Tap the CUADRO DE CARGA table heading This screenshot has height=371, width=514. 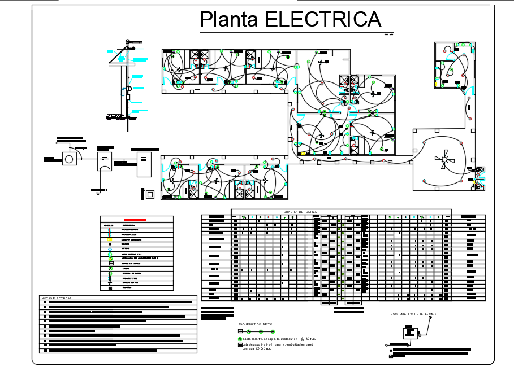(x=300, y=212)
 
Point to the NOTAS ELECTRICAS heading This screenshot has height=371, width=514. (x=57, y=298)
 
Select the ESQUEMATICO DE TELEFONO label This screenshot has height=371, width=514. (x=413, y=314)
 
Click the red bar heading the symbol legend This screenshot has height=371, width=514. (x=136, y=219)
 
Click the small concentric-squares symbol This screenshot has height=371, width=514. (x=150, y=194)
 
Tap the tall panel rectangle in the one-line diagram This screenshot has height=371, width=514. (x=144, y=164)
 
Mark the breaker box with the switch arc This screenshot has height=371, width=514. (x=105, y=164)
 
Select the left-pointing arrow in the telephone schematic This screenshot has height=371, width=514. (x=387, y=344)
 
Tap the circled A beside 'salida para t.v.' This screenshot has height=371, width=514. (x=240, y=338)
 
